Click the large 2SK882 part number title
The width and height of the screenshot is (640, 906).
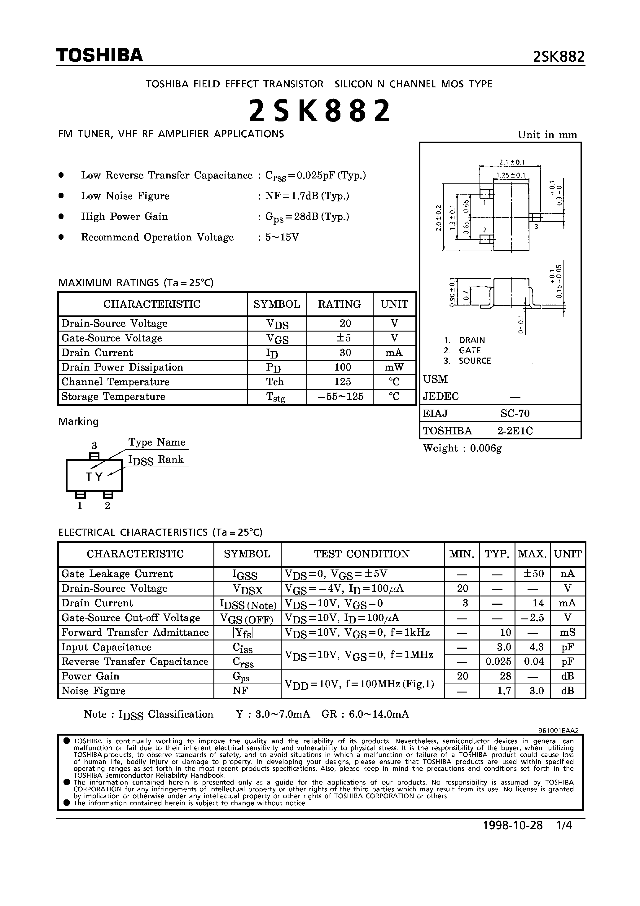tap(320, 111)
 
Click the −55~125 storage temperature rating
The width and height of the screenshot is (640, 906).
tap(340, 397)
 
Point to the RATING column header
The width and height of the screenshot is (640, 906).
tap(339, 304)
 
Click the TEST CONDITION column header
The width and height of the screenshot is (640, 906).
tap(362, 554)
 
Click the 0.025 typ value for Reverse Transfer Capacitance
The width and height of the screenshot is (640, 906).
tap(498, 661)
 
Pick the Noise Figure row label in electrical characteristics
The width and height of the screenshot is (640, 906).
tap(93, 691)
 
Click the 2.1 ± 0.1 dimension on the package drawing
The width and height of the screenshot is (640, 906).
tap(512, 162)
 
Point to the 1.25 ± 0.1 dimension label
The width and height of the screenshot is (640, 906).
tap(511, 175)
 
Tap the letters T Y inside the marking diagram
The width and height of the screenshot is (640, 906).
tap(94, 477)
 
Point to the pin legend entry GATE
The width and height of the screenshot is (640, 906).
tap(470, 350)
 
